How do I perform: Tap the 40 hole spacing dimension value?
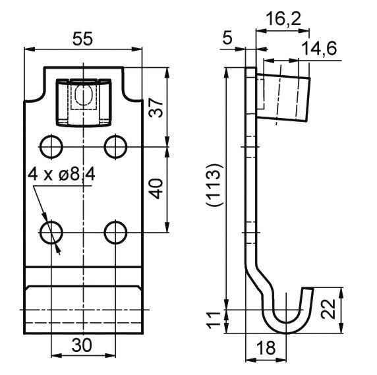click(x=158, y=188)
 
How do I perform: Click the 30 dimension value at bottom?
click(x=82, y=345)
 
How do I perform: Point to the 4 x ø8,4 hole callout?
click(x=61, y=175)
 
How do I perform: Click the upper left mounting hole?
click(x=51, y=147)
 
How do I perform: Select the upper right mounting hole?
click(x=116, y=147)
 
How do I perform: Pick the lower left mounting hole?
click(x=51, y=233)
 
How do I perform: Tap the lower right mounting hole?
click(x=116, y=233)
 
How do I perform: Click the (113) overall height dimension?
click(x=213, y=185)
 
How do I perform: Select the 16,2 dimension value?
click(x=283, y=19)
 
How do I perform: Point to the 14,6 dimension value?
click(x=319, y=49)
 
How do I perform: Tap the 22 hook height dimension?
click(x=329, y=308)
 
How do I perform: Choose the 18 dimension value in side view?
click(x=266, y=348)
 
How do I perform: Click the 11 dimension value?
click(x=214, y=319)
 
